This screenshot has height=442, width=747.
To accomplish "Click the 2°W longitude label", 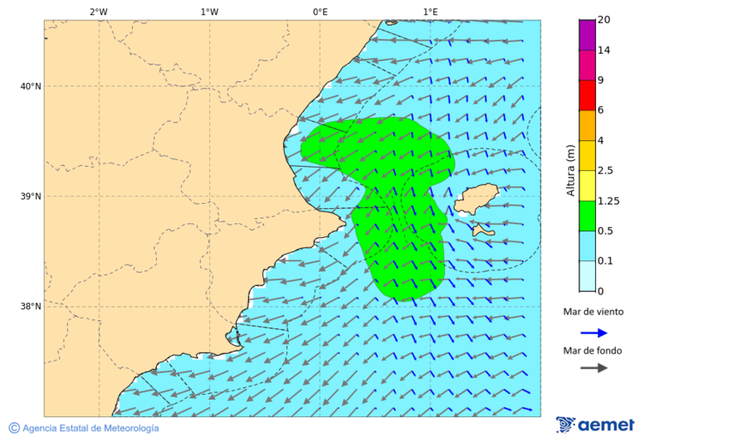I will (98, 12).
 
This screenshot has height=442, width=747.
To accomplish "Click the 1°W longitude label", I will (209, 12).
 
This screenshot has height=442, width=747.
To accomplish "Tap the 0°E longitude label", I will (320, 12).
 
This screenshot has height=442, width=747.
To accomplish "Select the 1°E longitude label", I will (430, 12).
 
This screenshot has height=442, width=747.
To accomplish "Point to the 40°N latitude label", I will (31, 86).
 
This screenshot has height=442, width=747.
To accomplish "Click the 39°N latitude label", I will (31, 197).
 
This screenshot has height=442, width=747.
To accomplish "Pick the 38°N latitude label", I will (31, 307).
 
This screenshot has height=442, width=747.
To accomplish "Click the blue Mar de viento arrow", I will (593, 333).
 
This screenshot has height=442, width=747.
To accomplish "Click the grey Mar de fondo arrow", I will (593, 368).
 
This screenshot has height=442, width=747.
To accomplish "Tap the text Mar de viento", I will (593, 312).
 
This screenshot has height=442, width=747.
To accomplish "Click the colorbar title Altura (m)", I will (570, 170).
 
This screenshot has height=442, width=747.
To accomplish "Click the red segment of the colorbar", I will (587, 95).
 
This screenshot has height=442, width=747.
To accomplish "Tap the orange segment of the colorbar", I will (587, 125).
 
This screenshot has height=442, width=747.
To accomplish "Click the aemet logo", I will (595, 425).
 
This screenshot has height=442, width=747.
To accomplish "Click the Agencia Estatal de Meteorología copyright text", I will (84, 428).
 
